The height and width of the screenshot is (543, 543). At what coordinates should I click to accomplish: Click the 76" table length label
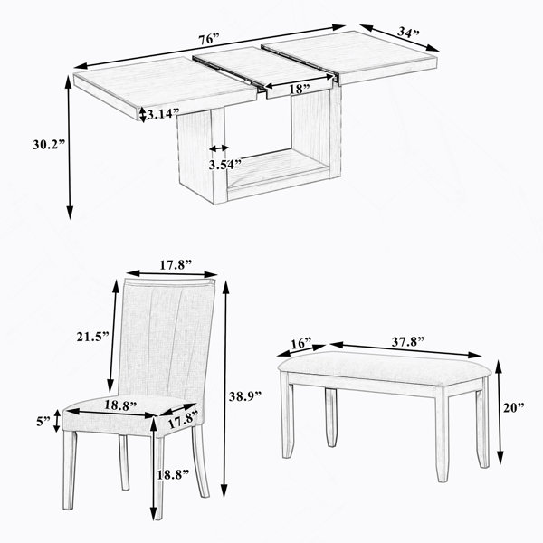(209, 39)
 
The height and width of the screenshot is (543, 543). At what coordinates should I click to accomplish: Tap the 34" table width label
(408, 33)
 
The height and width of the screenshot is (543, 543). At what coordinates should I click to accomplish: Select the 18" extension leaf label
(300, 90)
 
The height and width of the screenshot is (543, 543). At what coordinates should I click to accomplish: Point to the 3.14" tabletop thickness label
(163, 113)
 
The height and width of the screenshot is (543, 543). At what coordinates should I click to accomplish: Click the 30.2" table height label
(49, 144)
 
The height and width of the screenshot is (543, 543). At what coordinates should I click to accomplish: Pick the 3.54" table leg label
(224, 164)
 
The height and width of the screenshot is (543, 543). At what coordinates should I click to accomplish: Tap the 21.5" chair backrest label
(93, 337)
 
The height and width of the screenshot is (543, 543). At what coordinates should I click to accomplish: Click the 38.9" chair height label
(245, 395)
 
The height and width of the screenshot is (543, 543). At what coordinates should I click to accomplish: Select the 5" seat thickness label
(43, 421)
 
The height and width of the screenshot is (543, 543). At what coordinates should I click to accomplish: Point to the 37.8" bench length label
(408, 341)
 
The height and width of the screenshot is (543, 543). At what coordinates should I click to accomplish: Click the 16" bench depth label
(301, 344)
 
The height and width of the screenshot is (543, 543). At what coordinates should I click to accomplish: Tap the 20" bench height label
(513, 407)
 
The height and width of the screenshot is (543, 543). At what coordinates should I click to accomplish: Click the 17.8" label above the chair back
(176, 265)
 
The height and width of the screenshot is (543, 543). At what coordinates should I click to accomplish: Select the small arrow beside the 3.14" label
(142, 114)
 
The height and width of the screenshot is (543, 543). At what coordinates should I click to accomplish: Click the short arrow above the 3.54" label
(219, 148)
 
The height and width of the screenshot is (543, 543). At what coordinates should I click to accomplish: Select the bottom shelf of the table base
(277, 170)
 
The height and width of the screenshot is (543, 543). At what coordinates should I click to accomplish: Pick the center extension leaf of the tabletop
(263, 70)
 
